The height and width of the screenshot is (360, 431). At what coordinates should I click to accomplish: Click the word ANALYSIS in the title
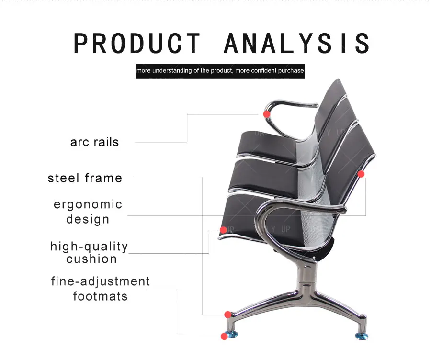[x=297, y=43]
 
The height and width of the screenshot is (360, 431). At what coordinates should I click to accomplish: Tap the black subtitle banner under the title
[x=220, y=70]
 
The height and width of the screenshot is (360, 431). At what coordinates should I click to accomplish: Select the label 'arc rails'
[x=94, y=142]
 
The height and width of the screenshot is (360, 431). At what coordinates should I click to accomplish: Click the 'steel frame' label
[x=85, y=178]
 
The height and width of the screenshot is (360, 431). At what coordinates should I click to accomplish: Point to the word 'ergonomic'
[x=88, y=204]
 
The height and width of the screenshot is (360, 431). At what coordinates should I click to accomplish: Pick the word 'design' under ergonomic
[x=88, y=219]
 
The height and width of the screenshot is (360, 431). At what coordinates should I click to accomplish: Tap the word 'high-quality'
[x=90, y=247]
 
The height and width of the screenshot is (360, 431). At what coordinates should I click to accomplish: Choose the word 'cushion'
[x=91, y=259]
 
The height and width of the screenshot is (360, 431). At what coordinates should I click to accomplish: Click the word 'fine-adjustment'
[x=101, y=281]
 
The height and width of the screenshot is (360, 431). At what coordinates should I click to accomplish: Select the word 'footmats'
[x=101, y=296]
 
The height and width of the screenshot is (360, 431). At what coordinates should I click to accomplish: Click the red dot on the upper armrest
[x=266, y=114]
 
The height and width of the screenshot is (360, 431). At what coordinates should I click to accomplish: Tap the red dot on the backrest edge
[x=361, y=174]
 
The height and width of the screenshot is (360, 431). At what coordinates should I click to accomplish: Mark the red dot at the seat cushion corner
[x=223, y=230]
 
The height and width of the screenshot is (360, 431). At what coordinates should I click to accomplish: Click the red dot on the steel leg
[x=228, y=315]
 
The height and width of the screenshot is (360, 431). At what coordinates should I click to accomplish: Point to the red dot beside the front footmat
[x=224, y=337]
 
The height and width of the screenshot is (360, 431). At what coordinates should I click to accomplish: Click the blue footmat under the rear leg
[x=362, y=336]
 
